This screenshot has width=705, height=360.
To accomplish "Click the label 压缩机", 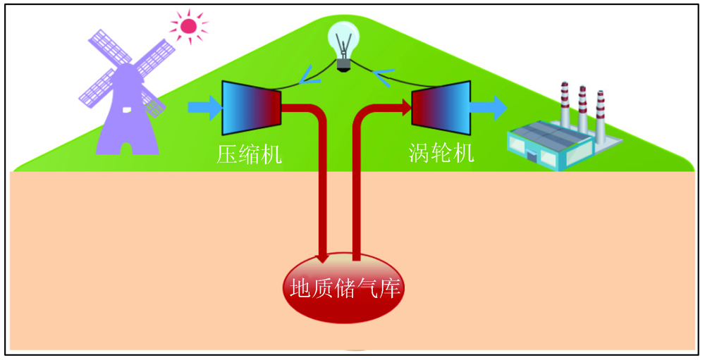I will [x=249, y=153].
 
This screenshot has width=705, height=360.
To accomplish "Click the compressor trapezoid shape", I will [x=251, y=108].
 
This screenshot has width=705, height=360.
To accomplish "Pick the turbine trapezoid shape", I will [x=441, y=108].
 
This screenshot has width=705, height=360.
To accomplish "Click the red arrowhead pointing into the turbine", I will [x=405, y=108].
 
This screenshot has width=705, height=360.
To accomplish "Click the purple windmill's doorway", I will [x=127, y=147].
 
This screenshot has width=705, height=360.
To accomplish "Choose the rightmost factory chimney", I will [x=600, y=113].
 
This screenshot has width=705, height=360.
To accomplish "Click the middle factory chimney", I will [x=582, y=108].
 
